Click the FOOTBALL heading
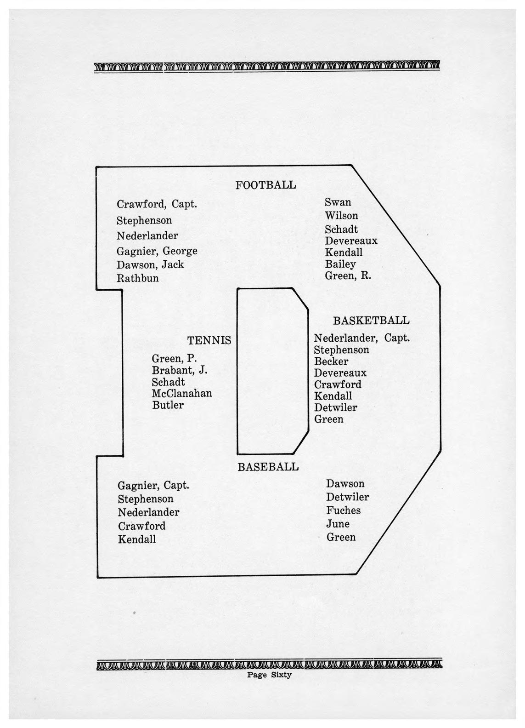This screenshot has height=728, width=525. click(x=265, y=185)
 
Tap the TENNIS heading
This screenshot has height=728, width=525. click(x=209, y=340)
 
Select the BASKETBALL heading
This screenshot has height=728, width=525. click(x=371, y=320)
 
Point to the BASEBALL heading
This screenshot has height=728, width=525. click(x=268, y=467)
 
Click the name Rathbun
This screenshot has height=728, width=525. click(x=138, y=278)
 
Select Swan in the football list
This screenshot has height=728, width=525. click(x=338, y=202)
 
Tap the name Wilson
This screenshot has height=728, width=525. click(x=341, y=216)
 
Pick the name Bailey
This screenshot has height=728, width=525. click(x=340, y=264)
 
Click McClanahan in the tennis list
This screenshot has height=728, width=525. click(x=182, y=394)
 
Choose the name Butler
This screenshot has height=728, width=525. click(x=168, y=405)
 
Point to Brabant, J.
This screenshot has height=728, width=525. click(x=180, y=371)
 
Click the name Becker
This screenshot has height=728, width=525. click(x=331, y=361)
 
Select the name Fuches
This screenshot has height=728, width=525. click(x=344, y=510)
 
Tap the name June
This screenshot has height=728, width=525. click(x=338, y=524)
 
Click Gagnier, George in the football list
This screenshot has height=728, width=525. click(x=157, y=251)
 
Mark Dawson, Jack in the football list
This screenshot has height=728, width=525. click(x=150, y=264)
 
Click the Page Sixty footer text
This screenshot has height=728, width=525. click(x=269, y=675)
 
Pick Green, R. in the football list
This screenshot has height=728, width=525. click(x=348, y=275)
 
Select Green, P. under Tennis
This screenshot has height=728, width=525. click(x=174, y=359)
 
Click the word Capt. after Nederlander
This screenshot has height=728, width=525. click(x=396, y=338)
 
